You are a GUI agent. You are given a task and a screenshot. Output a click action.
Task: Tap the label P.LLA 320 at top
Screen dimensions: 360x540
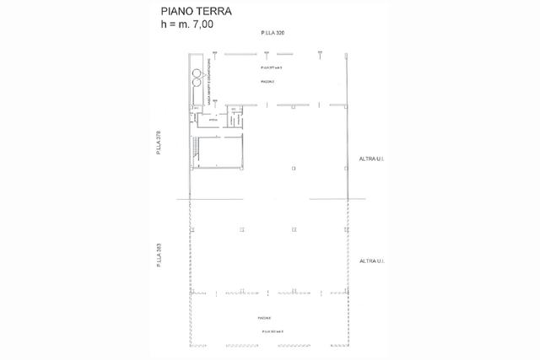point(273,32)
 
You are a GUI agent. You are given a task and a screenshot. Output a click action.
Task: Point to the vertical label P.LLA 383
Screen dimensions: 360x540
point(158,256)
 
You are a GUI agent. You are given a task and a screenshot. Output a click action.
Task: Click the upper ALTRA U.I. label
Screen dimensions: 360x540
point(371,159)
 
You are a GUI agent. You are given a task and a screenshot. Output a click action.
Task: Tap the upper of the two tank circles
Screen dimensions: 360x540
point(196,73)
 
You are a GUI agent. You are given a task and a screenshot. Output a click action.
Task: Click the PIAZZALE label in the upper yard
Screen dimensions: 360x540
point(268,81)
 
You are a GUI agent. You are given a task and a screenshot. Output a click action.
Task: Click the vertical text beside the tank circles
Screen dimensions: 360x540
point(208,88)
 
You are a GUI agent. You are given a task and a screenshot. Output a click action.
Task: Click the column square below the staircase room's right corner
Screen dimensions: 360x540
point(242,229)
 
